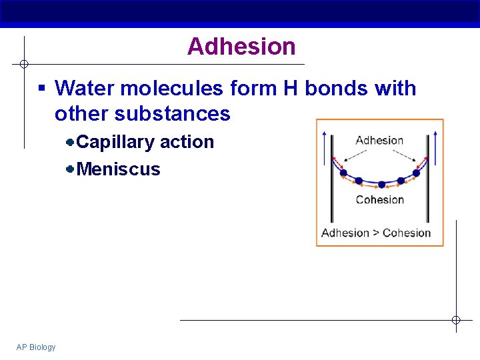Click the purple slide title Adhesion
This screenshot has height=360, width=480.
coord(241,47)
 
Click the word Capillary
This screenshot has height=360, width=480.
coord(116,142)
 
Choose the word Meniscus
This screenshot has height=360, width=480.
coord(119,169)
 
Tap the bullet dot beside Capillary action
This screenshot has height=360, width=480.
coord(70,142)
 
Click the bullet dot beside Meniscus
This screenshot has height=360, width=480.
coord(70,169)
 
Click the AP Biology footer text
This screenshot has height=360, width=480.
coord(36,347)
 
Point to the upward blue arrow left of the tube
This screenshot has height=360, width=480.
coord(325,147)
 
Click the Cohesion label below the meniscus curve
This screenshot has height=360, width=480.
coord(380,200)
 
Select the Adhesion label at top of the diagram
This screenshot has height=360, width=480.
coord(379,141)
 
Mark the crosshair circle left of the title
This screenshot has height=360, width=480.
coord(24,64)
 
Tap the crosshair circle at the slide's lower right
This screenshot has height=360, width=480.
coord(456,321)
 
